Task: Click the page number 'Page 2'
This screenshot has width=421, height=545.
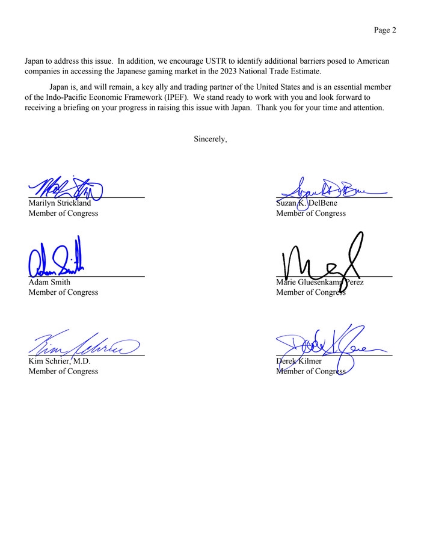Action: point(385,31)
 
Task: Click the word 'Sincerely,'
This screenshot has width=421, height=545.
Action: point(210,139)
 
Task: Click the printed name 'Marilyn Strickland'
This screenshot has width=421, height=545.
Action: point(60,203)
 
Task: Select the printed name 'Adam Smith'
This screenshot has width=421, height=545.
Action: point(49,282)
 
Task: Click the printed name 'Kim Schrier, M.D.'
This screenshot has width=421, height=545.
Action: point(59,362)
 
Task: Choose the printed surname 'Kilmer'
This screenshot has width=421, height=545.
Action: point(310,362)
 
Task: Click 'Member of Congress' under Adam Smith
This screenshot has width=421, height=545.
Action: point(63,292)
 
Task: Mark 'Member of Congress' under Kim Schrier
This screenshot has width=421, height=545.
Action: point(63,372)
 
